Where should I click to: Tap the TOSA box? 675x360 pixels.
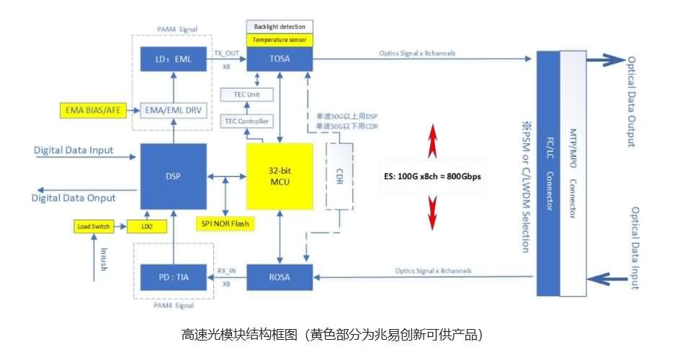point(280,59)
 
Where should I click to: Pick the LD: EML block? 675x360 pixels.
point(173,59)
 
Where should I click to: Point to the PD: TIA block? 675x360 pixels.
point(173,276)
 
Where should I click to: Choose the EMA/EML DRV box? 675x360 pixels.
point(173,111)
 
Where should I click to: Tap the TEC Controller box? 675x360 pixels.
point(249,121)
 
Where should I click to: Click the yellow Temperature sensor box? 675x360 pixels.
point(280,40)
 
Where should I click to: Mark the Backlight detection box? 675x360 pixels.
point(280,27)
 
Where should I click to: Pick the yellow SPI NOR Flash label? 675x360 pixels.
point(225,222)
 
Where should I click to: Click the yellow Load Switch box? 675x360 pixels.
point(94,227)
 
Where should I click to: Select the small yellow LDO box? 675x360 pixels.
point(147,227)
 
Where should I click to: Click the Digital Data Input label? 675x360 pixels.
point(73,150)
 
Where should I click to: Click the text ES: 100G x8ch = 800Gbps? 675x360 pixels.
point(432,175)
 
